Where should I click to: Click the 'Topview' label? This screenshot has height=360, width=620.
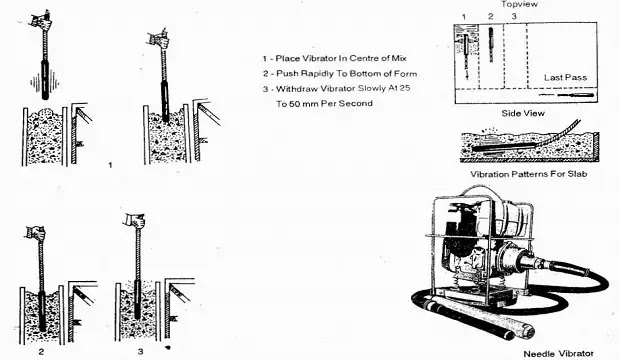[519, 4]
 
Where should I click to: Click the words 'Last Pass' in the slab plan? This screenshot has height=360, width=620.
[565, 78]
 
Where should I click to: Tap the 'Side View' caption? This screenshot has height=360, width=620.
[523, 113]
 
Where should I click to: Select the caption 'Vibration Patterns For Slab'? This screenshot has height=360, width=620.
[528, 174]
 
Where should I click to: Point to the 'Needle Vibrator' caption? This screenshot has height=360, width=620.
[558, 354]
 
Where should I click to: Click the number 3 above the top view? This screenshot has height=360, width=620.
[514, 16]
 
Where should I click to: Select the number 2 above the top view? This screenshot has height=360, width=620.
[491, 16]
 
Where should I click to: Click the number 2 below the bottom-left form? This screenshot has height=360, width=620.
[41, 351]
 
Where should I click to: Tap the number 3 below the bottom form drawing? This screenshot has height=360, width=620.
[140, 351]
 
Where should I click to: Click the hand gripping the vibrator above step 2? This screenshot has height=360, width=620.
[36, 233]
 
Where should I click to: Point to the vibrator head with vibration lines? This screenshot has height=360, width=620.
[45, 80]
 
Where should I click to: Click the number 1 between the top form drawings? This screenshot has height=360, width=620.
[110, 165]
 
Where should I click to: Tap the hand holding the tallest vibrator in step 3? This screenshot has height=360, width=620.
[134, 220]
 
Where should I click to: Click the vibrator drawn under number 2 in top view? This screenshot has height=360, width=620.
[491, 44]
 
